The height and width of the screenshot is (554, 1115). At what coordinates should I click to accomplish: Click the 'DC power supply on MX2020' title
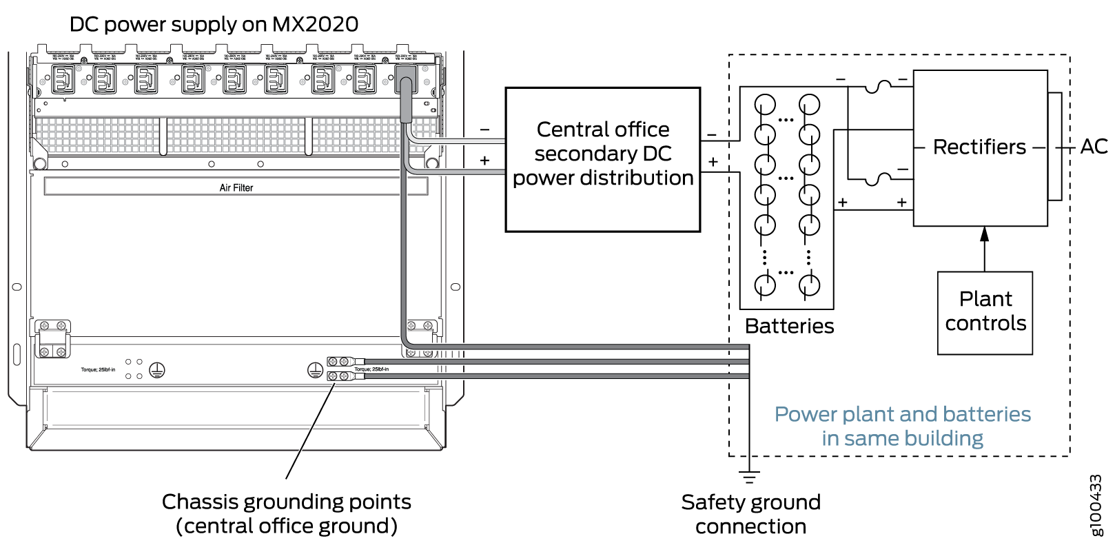214,25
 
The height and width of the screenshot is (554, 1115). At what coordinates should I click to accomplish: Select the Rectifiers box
980,147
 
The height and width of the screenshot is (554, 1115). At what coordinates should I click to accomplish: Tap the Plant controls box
985,313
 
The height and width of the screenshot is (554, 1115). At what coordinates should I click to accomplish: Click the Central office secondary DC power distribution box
603,159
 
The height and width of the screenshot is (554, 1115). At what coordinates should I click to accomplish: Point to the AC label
1094,147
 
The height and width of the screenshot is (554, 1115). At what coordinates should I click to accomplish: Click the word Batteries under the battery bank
789,326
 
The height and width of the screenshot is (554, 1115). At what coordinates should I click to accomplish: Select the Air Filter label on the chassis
236,187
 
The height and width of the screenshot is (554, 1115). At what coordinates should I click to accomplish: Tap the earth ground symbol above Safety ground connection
749,476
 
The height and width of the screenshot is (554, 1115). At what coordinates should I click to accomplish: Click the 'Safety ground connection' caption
750,514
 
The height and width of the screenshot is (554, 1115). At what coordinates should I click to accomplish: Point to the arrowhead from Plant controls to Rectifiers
985,234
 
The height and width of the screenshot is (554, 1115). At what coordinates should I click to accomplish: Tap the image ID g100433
1096,504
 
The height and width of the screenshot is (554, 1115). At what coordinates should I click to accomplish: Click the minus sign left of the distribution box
485,130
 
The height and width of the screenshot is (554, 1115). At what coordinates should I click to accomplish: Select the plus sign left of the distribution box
485,161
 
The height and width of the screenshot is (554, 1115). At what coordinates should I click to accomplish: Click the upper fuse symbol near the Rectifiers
877,85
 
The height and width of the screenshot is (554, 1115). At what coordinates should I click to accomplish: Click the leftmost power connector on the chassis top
63,79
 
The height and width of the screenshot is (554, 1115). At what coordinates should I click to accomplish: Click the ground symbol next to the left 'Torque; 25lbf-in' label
157,370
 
